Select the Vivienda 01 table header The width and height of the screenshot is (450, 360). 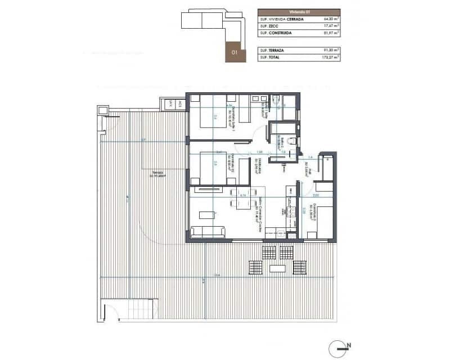point(299,11)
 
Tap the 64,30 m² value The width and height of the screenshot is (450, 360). point(331,19)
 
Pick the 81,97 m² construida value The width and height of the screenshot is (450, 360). point(331,33)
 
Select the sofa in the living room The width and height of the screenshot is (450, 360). point(208,232)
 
